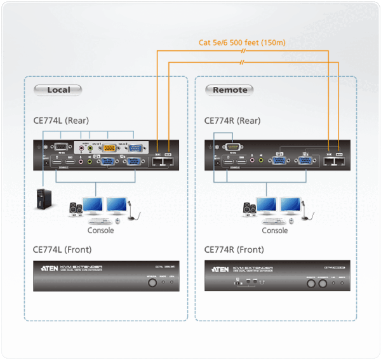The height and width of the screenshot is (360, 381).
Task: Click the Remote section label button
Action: coord(230,90)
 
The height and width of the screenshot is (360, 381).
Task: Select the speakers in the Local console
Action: coord(76,209)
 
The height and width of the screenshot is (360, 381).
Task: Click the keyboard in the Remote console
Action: coord(271,221)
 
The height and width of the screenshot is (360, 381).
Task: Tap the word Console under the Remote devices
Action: coord(275,230)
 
